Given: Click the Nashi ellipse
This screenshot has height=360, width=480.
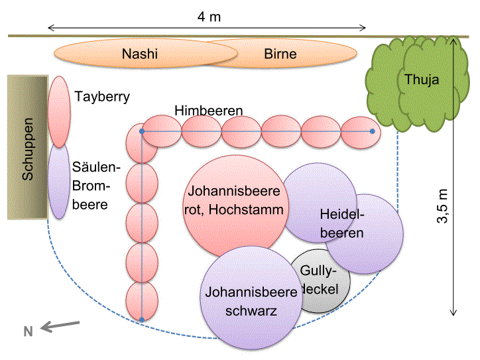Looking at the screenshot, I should pyautogui.click(x=133, y=54).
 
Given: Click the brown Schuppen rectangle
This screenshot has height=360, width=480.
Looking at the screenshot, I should pyautogui.click(x=27, y=147).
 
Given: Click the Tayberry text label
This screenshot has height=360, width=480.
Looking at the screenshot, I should pyautogui.click(x=102, y=97).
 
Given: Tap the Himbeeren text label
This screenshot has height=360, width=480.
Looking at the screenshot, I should pyautogui.click(x=209, y=109).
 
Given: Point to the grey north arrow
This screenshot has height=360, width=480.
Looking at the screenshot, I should pyautogui.click(x=60, y=325).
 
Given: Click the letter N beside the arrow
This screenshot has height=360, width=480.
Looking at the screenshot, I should pyautogui.click(x=29, y=332).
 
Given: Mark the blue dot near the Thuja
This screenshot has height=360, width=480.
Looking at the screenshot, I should pyautogui.click(x=372, y=131).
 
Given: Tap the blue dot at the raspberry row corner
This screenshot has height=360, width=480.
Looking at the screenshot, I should pyautogui.click(x=141, y=131).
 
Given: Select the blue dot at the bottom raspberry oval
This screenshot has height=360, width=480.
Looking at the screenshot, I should pyautogui.click(x=141, y=320).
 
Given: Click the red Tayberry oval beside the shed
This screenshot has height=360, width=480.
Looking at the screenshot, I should pyautogui.click(x=59, y=111).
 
